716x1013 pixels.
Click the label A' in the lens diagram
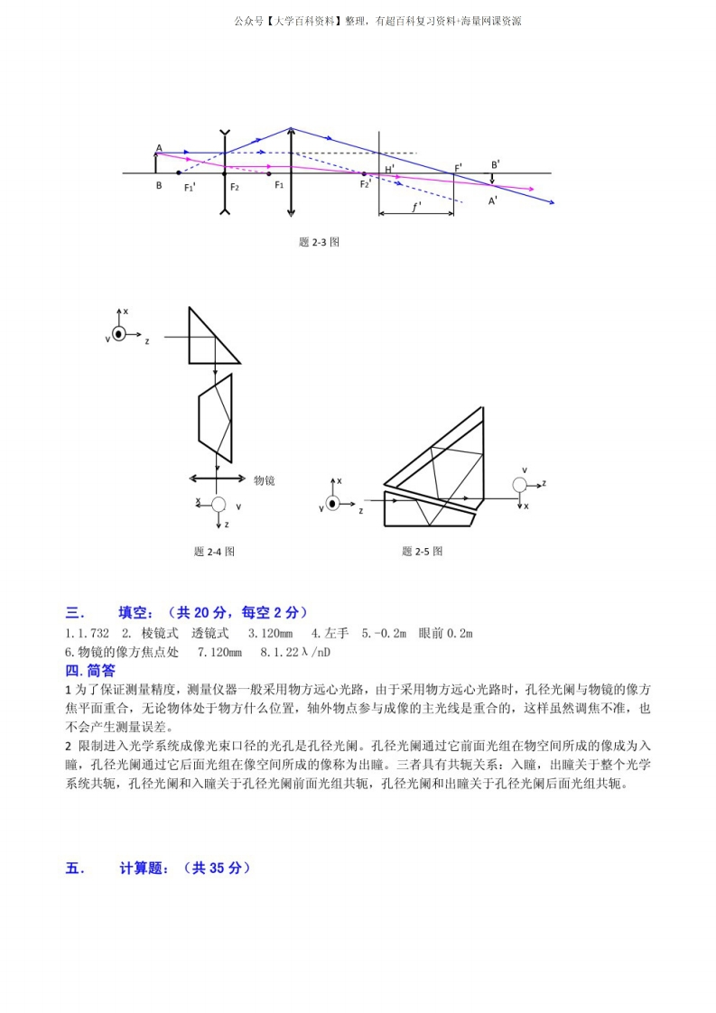tap(493, 201)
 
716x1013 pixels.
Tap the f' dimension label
tap(416, 207)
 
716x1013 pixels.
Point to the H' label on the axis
tap(389, 169)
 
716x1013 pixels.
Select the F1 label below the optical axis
tap(279, 185)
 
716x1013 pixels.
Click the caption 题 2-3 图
tap(319, 242)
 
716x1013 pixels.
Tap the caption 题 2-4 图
tap(214, 551)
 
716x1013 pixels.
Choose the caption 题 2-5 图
tap(423, 551)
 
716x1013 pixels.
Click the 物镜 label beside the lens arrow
tap(264, 480)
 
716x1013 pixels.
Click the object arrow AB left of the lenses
tap(157, 163)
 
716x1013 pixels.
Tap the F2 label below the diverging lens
tap(234, 187)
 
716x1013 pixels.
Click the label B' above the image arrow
tap(496, 165)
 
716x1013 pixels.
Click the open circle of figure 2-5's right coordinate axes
tap(519, 485)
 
